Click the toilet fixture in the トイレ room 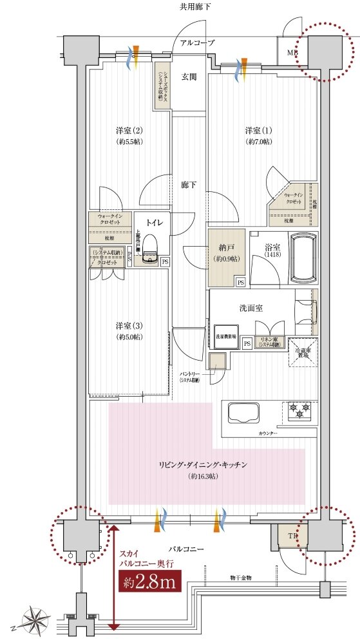point(151,250)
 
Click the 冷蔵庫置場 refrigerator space point(302,353)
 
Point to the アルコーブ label point(197,42)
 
